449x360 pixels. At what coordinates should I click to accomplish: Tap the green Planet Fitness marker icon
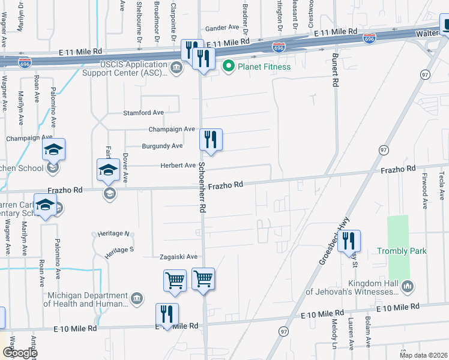coord(228,67)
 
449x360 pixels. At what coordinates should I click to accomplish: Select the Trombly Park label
coord(402,251)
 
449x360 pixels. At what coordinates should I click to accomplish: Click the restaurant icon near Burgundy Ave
coord(211,140)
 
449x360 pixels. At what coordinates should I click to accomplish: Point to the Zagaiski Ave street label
coord(178,257)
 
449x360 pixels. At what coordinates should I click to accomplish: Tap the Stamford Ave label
coord(143,112)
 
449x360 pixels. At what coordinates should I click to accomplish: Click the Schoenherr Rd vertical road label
coord(202,188)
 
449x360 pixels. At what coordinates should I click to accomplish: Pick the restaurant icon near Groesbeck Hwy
coord(349,241)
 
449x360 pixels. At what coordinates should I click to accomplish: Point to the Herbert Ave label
coord(178,166)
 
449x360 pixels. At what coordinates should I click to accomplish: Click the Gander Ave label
coord(222,28)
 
